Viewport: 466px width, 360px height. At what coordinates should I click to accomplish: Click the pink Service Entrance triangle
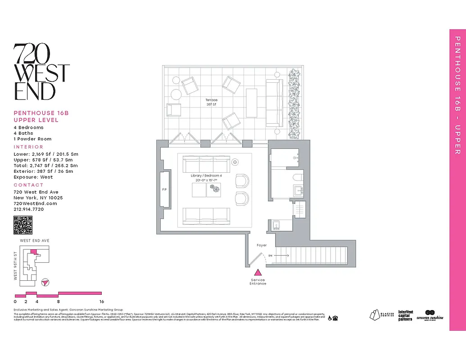click(x=258, y=272)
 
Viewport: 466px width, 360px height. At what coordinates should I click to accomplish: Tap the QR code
click(x=23, y=225)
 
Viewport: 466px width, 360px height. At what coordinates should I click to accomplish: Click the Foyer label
click(x=262, y=245)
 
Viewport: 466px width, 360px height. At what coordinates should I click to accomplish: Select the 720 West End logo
click(x=41, y=72)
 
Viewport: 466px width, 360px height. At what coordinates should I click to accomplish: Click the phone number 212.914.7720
click(x=29, y=209)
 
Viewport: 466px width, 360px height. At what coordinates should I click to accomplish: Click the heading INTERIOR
click(x=28, y=147)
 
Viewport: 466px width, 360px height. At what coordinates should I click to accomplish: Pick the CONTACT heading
click(x=28, y=185)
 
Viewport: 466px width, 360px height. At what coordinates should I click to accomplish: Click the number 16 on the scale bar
click(x=102, y=301)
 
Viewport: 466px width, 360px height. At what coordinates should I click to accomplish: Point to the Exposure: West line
click(x=33, y=177)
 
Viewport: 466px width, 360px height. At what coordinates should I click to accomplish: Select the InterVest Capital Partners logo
click(x=405, y=315)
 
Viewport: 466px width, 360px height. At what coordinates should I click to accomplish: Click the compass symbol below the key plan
click(x=45, y=282)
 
